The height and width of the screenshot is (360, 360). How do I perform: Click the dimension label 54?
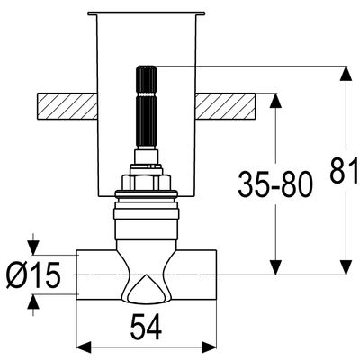coord(146,327)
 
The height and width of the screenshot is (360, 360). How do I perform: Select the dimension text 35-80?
coord(275,184)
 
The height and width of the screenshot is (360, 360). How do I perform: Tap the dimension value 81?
coord(345,171)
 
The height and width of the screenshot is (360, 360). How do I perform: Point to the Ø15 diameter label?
coord(33,274)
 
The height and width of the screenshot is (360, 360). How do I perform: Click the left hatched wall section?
coord(67,106)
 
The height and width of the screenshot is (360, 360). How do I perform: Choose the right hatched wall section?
coord(225,106)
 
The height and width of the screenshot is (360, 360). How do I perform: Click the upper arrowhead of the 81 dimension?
coord(346,73)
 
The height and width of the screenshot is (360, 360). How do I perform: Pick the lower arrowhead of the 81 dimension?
coord(346,267)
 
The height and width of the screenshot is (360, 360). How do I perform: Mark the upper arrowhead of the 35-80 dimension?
coord(275,101)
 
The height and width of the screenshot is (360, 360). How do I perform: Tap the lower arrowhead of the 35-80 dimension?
coord(275,267)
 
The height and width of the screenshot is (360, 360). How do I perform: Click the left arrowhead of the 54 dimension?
coord(84,346)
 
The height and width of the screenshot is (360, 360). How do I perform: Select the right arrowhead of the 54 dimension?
coord(209,346)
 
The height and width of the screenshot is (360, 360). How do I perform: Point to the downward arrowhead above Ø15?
coord(33,247)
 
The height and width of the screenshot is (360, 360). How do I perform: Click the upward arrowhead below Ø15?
coord(33,301)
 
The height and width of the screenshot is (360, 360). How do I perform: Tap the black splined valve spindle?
coord(147,107)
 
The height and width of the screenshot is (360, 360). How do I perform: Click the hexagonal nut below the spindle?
coord(147,182)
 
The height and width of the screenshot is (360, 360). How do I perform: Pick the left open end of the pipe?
coord(77,274)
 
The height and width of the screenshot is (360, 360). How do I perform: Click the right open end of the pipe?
coord(215,274)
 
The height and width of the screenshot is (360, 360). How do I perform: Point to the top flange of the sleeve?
coord(147,13)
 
